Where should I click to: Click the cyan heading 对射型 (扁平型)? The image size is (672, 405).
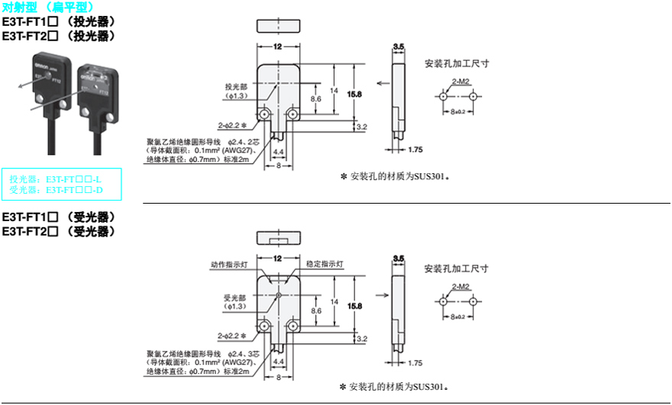(x=49, y=7)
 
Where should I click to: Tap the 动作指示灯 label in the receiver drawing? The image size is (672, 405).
(x=230, y=265)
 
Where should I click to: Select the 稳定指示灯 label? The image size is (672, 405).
(x=325, y=265)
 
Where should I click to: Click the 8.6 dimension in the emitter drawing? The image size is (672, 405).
(x=316, y=99)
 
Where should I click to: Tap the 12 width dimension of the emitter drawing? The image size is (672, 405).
(x=277, y=47)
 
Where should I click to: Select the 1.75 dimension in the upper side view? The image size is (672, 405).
(x=415, y=149)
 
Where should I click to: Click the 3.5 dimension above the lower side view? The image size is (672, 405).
(x=398, y=259)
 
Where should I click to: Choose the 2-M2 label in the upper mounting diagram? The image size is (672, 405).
(x=460, y=81)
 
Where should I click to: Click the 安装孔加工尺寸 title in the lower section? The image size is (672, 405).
(x=457, y=268)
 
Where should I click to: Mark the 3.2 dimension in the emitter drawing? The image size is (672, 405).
(x=362, y=127)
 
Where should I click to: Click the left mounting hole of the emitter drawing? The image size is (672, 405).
(x=264, y=114)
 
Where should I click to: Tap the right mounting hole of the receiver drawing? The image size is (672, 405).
(x=291, y=326)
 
